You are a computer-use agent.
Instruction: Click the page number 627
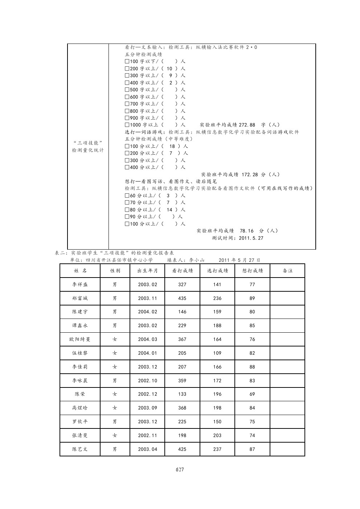[x=180, y=469]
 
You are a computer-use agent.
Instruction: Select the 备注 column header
[x=287, y=271]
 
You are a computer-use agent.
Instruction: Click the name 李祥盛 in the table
[x=80, y=284]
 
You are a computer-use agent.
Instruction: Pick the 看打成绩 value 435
[x=182, y=298]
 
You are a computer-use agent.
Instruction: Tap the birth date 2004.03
[x=147, y=339]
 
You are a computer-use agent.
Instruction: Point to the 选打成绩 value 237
[x=217, y=449]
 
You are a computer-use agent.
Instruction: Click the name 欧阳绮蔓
[x=80, y=339]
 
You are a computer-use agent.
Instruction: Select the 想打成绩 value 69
[x=252, y=394]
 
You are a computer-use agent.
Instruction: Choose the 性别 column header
[x=115, y=271]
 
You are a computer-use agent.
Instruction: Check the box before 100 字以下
[x=127, y=61]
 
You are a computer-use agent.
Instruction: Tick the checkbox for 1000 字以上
[x=127, y=125]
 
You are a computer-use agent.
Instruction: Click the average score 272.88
[x=247, y=125]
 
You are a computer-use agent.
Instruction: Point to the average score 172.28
[x=250, y=175]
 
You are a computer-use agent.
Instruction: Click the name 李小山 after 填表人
[x=197, y=260]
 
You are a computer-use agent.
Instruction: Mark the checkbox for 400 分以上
[x=127, y=167]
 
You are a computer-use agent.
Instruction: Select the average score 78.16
[x=247, y=231]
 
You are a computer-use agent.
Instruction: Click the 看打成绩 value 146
[x=182, y=312]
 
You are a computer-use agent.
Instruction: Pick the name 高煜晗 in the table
[x=80, y=408]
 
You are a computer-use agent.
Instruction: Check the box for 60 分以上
[x=127, y=196]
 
